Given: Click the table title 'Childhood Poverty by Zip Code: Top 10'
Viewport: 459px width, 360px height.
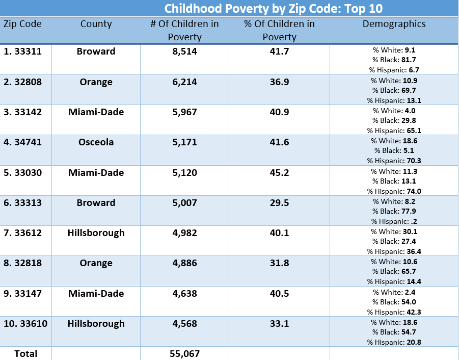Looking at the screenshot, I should [273, 9].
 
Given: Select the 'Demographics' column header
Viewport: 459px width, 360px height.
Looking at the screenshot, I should [394, 24].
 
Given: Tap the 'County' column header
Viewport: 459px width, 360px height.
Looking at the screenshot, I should [96, 24].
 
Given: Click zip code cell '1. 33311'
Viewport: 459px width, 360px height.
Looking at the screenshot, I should [24, 52].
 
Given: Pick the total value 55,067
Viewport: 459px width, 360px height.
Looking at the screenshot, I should [184, 353].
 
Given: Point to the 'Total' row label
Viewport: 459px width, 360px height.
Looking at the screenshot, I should [25, 353].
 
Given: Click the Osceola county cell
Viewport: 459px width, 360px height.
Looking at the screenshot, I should [96, 142].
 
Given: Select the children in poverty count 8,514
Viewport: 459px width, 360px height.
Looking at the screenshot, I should [184, 52].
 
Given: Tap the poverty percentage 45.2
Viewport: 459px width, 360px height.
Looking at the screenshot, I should [279, 173].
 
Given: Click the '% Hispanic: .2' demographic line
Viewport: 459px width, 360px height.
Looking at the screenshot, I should [394, 221].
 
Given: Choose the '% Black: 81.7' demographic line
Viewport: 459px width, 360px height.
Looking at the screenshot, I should [394, 60].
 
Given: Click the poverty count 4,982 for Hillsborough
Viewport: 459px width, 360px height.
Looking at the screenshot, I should [184, 233].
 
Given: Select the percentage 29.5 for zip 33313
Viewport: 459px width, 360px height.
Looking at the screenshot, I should [279, 203].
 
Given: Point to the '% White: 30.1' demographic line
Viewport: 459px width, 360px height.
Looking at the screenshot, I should [394, 232].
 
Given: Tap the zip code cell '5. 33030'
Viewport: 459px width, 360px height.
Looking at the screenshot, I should [24, 173].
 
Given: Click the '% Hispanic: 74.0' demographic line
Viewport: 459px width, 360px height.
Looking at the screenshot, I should [394, 191].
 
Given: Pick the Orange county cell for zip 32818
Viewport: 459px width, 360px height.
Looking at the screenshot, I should [96, 264].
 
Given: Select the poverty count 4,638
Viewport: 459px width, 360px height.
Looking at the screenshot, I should [184, 294].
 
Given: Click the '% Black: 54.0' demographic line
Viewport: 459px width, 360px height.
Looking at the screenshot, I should [394, 302].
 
